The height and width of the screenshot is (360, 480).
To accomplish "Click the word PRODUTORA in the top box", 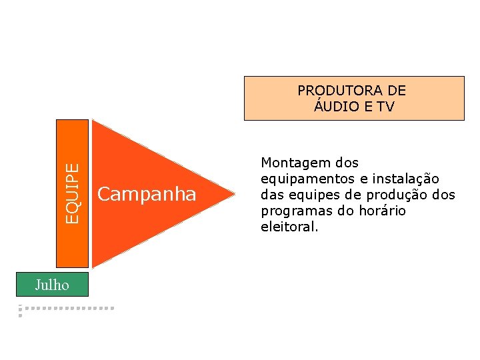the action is point(341,91).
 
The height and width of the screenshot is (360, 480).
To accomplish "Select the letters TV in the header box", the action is point(385,107).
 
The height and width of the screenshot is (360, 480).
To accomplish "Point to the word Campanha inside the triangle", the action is point(147,194).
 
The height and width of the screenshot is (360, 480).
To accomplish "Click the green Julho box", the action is point(53,285).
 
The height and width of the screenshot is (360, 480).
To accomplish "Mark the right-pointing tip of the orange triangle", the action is point(235,194).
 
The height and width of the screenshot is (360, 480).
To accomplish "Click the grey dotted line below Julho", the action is point(67,309).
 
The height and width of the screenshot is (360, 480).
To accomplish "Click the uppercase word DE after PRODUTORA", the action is point(396,91).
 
